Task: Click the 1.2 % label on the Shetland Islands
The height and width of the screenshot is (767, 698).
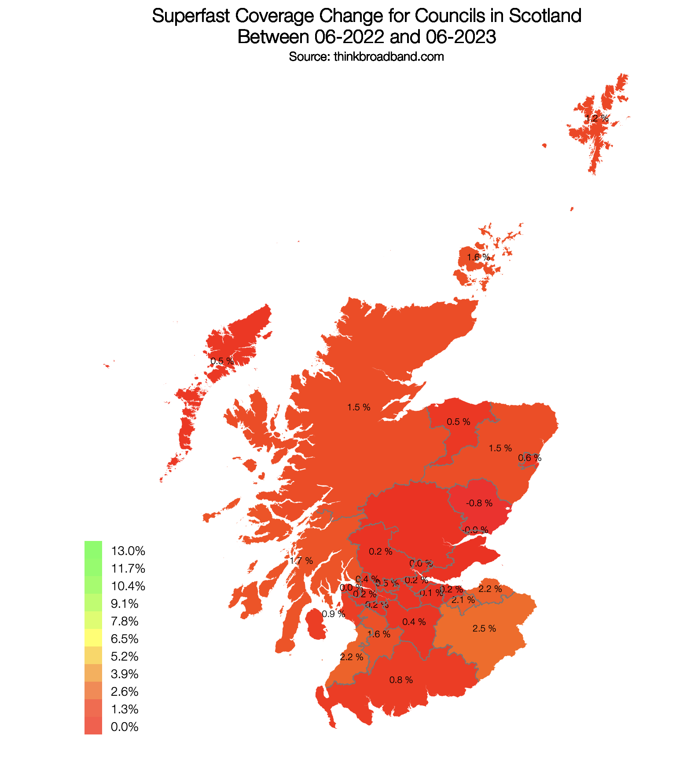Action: [x=597, y=119]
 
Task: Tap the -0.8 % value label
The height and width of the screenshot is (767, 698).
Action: [x=479, y=503]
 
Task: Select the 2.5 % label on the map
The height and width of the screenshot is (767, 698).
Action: [x=484, y=629]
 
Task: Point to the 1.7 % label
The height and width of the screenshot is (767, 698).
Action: [x=301, y=561]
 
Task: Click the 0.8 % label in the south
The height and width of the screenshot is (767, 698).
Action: [x=401, y=680]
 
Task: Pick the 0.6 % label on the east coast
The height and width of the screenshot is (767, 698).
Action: [x=529, y=458]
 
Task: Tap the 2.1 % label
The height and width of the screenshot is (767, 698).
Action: [x=463, y=600]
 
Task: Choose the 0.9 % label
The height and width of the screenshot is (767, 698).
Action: [x=334, y=614]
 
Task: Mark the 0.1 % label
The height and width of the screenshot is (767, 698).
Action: [x=431, y=593]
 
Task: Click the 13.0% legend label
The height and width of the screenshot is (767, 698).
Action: [x=128, y=551]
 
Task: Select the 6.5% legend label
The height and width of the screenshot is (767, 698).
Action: [x=125, y=639]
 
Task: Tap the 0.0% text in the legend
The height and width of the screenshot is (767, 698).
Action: [x=125, y=727]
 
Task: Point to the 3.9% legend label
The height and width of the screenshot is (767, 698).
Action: [x=125, y=674]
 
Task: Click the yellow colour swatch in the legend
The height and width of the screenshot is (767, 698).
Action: [x=93, y=638]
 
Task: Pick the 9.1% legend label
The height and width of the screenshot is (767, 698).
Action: [x=125, y=604]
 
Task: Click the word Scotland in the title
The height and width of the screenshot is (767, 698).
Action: [x=545, y=16]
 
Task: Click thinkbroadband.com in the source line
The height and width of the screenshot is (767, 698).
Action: [x=389, y=57]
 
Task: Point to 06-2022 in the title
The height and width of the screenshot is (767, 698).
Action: [x=349, y=37]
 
